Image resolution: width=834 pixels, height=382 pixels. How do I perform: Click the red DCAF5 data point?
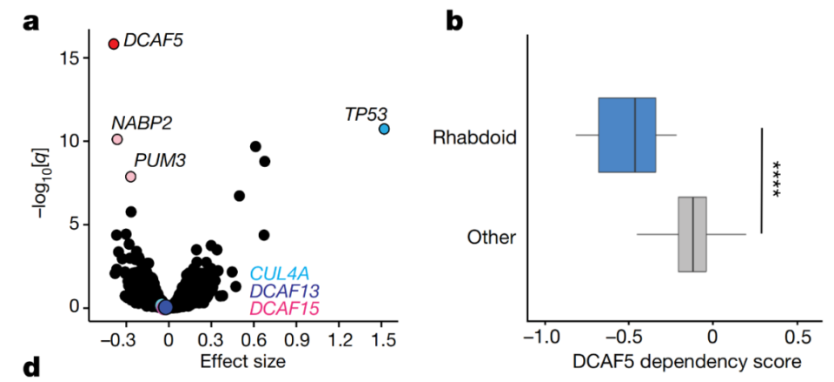(x=114, y=44)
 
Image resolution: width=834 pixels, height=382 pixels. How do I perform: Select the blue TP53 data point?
(x=384, y=129)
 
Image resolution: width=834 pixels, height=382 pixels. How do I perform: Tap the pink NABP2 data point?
(x=117, y=139)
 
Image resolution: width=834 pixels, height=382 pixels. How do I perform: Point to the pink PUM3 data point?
(x=131, y=177)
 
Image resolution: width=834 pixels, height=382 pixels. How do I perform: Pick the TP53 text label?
(x=366, y=113)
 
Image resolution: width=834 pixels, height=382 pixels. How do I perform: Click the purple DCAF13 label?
(x=283, y=292)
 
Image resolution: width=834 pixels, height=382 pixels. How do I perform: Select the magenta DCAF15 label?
(x=283, y=307)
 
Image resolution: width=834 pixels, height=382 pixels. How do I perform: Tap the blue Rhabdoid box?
(x=626, y=135)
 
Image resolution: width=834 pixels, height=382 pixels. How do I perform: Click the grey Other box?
(x=692, y=234)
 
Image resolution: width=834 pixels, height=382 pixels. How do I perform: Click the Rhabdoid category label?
(x=475, y=137)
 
